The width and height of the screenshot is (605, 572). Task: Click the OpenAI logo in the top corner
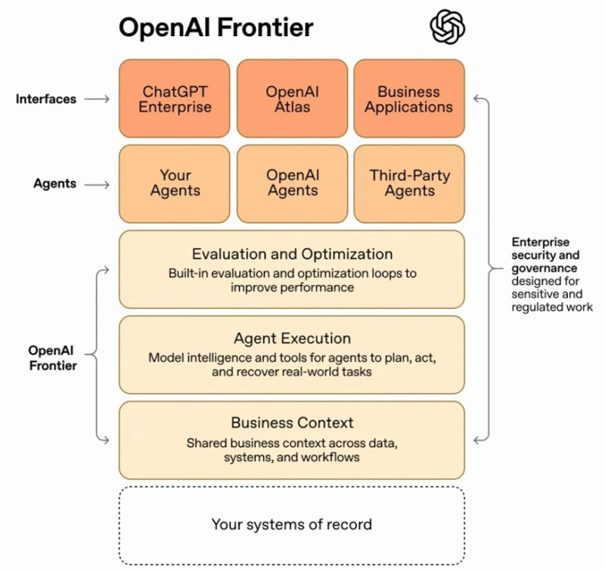point(448,28)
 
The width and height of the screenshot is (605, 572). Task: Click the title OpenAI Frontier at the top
point(216,28)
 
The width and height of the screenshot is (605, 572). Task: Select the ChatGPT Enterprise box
point(174,99)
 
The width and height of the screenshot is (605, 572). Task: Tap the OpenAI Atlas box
point(292,99)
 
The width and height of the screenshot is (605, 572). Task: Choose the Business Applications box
point(409,99)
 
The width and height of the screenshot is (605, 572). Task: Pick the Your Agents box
point(174,184)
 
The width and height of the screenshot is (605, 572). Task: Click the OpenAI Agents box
point(292,184)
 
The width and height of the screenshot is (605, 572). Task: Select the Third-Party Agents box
point(409,184)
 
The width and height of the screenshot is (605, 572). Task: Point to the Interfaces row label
point(46,99)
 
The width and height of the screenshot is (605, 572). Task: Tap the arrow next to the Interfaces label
point(97,99)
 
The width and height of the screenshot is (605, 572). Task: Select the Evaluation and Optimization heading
point(292,254)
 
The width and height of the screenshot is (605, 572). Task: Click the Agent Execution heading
point(292,339)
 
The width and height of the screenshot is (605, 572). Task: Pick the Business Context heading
point(292,423)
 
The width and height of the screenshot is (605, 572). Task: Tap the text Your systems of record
point(292,524)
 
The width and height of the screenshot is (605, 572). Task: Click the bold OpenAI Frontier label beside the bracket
point(52,358)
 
